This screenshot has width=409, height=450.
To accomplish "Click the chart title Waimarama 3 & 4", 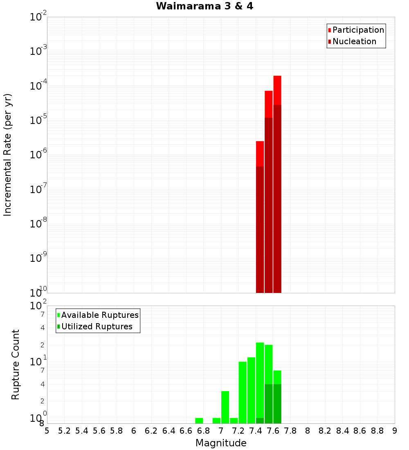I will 204,7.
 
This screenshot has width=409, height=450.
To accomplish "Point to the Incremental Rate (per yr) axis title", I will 8,155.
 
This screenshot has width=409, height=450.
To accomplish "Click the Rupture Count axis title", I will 16,364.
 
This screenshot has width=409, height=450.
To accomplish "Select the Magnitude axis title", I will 221,443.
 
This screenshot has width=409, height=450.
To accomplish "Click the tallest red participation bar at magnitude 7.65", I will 277,90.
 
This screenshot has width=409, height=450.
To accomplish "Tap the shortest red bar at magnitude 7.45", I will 260,153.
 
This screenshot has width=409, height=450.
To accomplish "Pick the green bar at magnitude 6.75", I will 199,421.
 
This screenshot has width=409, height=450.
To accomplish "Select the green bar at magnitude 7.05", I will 225,407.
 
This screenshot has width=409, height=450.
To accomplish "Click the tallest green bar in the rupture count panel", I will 260,380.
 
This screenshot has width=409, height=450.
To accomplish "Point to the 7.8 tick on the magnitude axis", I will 290,431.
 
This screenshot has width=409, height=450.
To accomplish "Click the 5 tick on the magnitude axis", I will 47,431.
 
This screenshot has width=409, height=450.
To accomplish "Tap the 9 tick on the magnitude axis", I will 395,431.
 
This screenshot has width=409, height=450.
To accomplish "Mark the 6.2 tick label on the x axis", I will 151,431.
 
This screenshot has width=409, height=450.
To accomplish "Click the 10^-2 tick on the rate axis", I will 38,17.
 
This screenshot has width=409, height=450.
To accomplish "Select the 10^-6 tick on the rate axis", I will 38,155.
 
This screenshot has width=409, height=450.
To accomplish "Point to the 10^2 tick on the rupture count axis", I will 38,306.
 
